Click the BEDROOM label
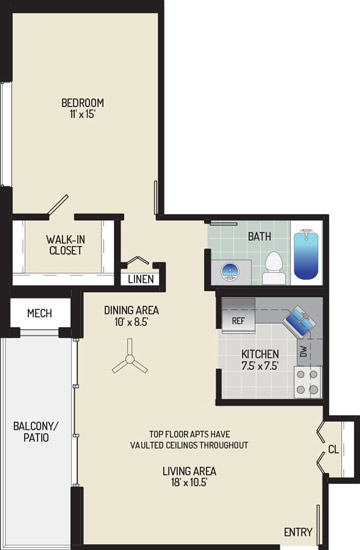[82, 103]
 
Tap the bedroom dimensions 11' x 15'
[82, 114]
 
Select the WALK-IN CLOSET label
[66, 245]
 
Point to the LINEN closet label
[141, 279]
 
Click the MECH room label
[40, 313]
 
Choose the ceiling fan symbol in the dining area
[130, 358]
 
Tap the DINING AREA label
[131, 310]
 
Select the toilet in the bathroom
[274, 268]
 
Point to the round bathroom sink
[230, 271]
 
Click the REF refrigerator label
[238, 321]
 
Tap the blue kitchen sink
[299, 321]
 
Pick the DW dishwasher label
[304, 351]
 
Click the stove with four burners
[307, 382]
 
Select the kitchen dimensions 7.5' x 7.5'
[260, 366]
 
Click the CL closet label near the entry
[333, 449]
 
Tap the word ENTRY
[298, 532]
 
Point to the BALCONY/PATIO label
[36, 431]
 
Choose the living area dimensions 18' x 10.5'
[189, 482]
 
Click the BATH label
[260, 236]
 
